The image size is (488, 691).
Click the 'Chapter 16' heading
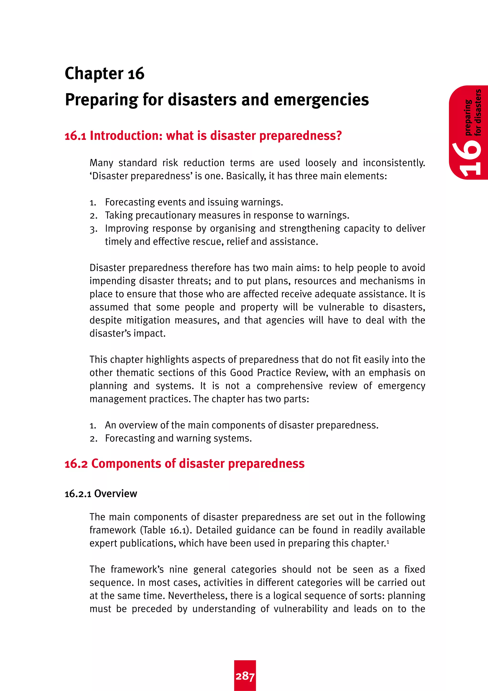pyautogui.click(x=104, y=74)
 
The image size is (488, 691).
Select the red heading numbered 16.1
pyautogui.click(x=203, y=136)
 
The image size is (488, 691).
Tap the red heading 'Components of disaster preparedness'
pyautogui.click(x=198, y=464)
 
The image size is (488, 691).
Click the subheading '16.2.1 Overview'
pyautogui.click(x=101, y=494)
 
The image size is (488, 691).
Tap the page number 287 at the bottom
pyautogui.click(x=245, y=676)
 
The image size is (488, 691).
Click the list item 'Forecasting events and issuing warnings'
pyautogui.click(x=194, y=202)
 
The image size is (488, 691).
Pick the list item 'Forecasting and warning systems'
pyautogui.click(x=178, y=439)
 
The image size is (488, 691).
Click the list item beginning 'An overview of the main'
pyautogui.click(x=241, y=425)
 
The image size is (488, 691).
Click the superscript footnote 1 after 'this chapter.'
pyautogui.click(x=388, y=541)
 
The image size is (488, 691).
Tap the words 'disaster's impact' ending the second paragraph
pyautogui.click(x=127, y=333)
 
